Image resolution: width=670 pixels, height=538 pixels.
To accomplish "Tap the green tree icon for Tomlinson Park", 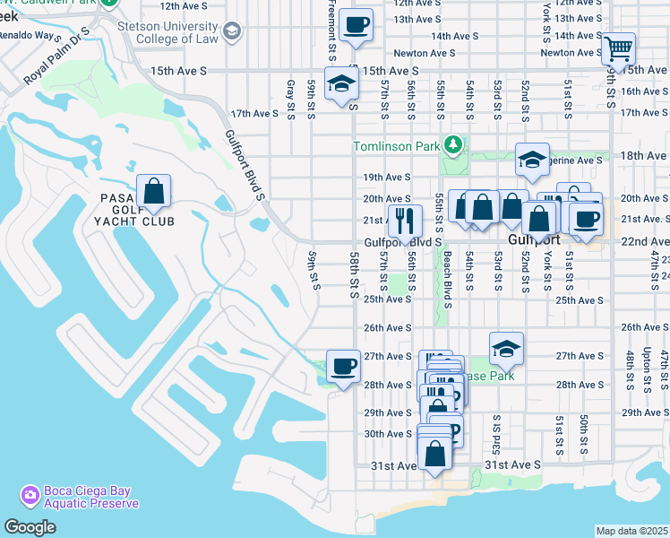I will tap(454, 145).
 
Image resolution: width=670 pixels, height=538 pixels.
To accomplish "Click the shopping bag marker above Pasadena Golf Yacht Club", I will tap(154, 191).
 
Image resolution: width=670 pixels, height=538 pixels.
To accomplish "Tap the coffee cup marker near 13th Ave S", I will tap(357, 26).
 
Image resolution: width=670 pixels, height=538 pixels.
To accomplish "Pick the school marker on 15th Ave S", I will tap(341, 84).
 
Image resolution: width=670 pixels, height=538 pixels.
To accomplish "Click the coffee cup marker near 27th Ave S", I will tap(343, 366).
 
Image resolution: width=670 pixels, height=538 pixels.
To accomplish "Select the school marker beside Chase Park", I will tap(506, 349).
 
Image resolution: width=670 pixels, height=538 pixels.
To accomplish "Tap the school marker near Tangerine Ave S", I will tap(532, 161).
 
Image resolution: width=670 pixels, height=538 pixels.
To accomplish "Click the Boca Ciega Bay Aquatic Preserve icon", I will tap(30, 495).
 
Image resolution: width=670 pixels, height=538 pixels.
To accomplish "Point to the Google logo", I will tap(30, 527).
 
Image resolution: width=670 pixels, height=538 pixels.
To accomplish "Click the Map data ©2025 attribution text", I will tap(631, 531).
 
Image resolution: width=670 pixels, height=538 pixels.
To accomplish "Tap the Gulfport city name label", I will tap(534, 241).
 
